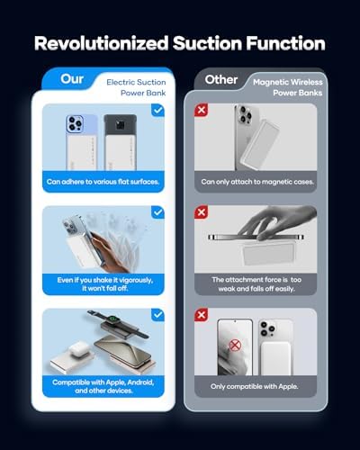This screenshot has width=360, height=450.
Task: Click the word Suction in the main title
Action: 207,43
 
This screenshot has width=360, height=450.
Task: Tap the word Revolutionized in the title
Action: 102,43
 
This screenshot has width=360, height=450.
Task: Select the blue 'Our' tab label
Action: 72,79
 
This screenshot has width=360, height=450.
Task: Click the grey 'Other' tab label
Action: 221,80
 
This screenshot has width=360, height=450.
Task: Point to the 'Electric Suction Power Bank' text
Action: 136,87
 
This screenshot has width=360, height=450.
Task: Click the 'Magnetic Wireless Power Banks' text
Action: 288,87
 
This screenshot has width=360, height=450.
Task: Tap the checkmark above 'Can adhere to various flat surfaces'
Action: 157,110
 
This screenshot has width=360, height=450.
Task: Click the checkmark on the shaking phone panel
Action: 157,212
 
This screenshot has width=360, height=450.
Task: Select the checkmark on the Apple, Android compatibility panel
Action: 157,315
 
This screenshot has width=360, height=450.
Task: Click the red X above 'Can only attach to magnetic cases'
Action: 201,110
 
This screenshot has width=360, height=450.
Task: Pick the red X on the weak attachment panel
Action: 201,212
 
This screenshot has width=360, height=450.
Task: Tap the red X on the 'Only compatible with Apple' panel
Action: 201,315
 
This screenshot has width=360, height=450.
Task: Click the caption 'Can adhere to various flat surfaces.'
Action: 103,182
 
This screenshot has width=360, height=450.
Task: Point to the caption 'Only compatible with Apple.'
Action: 255,386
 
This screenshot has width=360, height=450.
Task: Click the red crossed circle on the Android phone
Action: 235,346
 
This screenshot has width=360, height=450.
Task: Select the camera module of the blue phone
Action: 75,123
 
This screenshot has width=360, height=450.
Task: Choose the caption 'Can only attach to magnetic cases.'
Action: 257,182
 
